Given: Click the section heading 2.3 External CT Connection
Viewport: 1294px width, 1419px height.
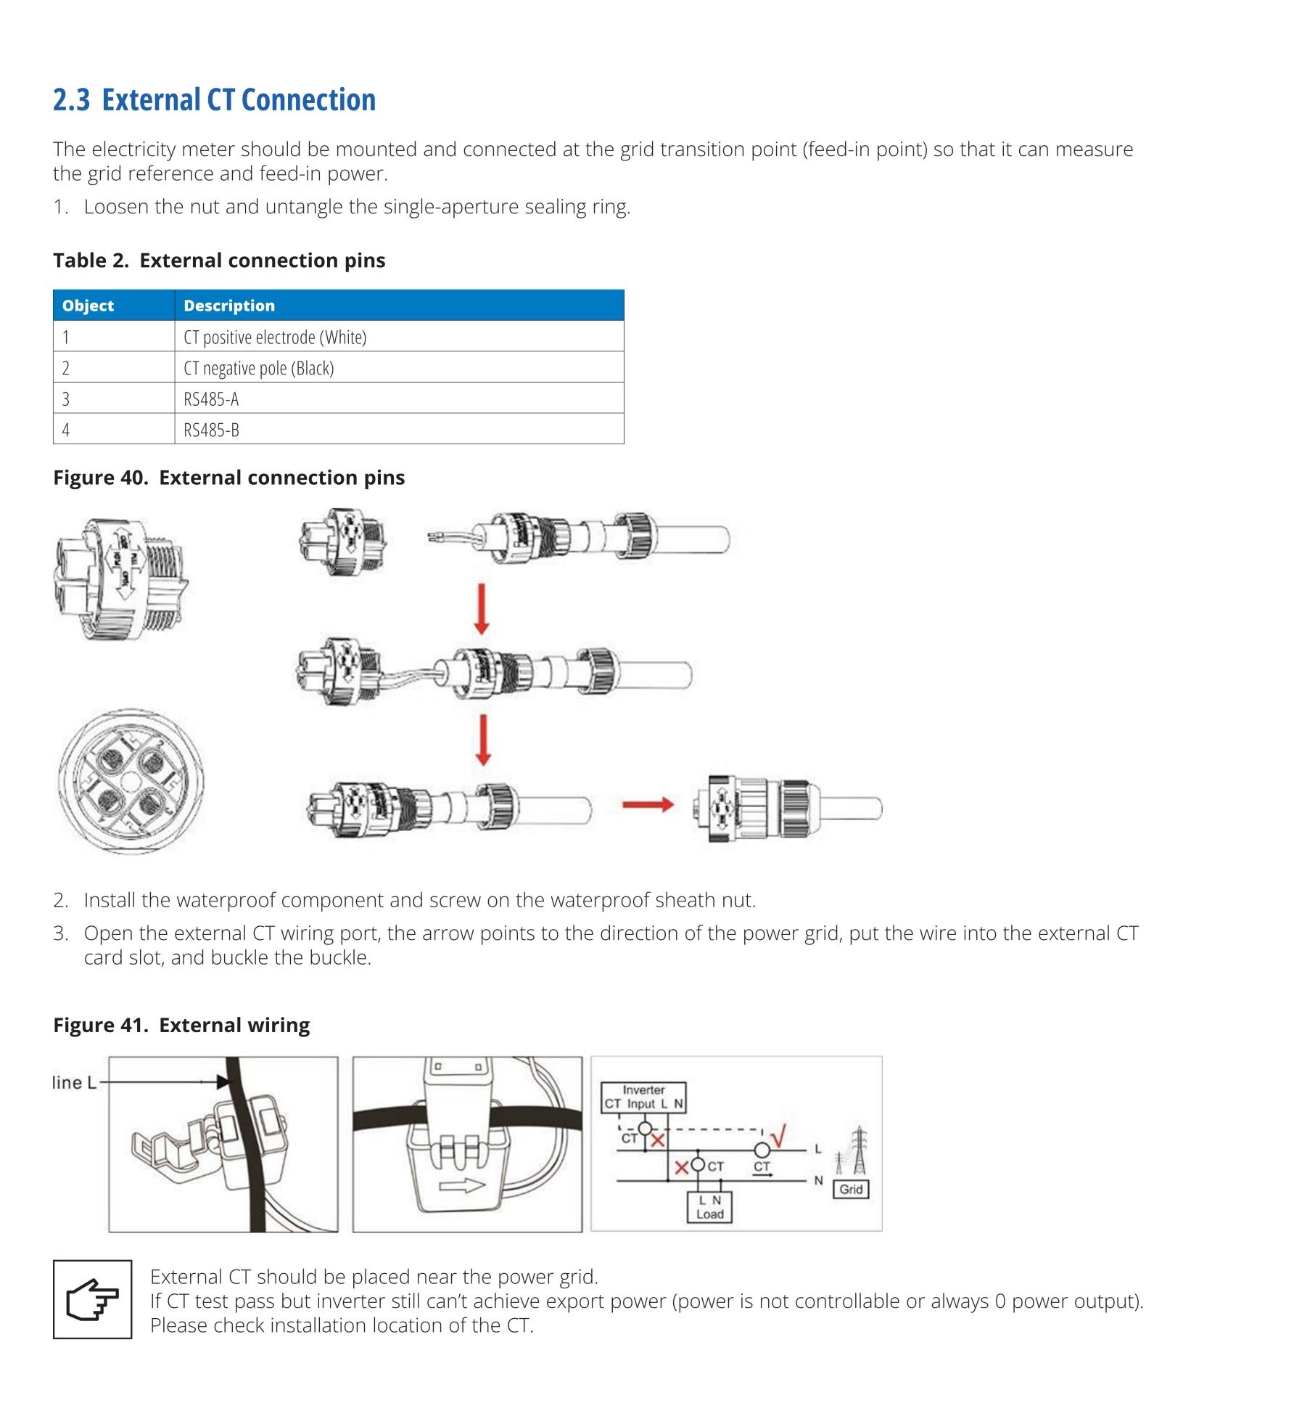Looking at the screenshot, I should [x=214, y=100].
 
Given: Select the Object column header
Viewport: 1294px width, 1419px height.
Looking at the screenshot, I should [x=88, y=306].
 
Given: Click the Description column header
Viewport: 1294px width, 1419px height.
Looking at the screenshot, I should [x=229, y=306].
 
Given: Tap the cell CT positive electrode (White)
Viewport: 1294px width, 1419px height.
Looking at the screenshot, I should [x=275, y=337].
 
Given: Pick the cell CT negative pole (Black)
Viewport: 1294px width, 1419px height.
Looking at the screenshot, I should [x=259, y=368].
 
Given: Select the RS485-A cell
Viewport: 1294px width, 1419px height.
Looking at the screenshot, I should [x=211, y=398].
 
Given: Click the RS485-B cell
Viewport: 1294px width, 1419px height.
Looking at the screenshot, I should [x=211, y=430].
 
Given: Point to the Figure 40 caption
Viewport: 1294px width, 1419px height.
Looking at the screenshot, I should [x=228, y=478].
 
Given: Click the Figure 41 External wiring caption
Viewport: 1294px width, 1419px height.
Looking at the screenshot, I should [x=181, y=1025].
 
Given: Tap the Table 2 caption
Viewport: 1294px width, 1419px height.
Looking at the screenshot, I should [x=219, y=261].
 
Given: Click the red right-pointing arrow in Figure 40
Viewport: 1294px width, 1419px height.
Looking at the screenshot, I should [x=648, y=804].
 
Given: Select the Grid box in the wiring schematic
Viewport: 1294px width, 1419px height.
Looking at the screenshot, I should [x=851, y=1189].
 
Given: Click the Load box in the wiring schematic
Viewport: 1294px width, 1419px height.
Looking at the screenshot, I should [x=709, y=1207].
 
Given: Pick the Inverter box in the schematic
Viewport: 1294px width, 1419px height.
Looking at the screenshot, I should [x=643, y=1097].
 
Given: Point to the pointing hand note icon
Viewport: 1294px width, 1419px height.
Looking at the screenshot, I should [x=92, y=1299].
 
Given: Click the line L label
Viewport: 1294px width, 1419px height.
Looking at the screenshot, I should [x=74, y=1082].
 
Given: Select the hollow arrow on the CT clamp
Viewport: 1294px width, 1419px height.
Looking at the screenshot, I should [x=462, y=1185].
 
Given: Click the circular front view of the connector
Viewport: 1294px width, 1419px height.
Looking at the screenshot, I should [x=131, y=782].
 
